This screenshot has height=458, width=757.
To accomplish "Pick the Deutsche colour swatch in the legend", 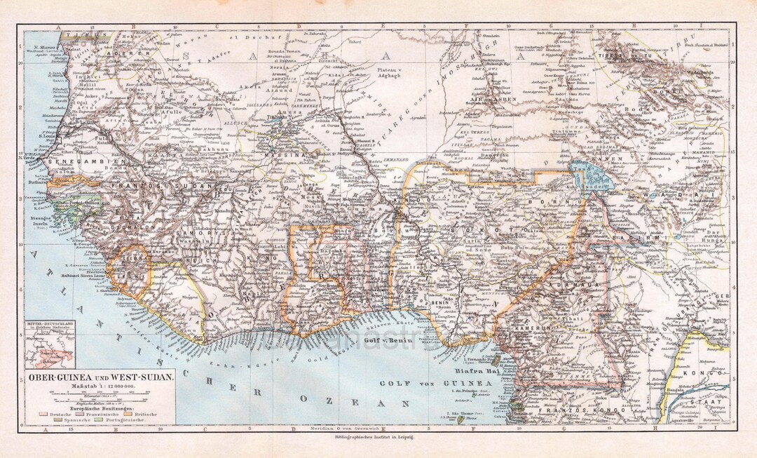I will click(48, 415).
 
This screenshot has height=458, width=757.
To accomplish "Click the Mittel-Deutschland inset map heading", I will click(48, 325).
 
